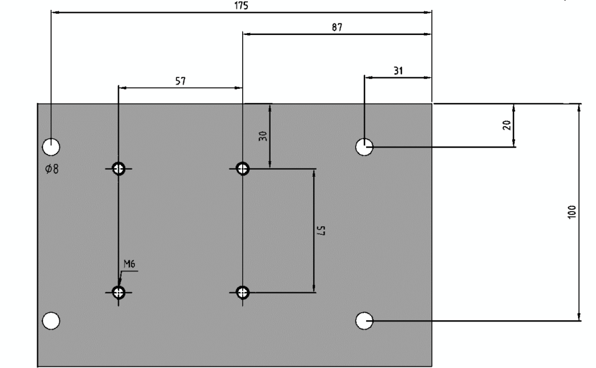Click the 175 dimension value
pyautogui.click(x=241, y=5)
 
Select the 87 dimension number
pyautogui.click(x=337, y=27)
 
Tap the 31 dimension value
pyautogui.click(x=398, y=70)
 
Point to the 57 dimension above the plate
pyautogui.click(x=180, y=81)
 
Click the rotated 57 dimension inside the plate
pyautogui.click(x=320, y=231)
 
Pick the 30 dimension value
pyautogui.click(x=262, y=137)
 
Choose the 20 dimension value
pyautogui.click(x=506, y=126)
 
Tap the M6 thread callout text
pyautogui.click(x=129, y=265)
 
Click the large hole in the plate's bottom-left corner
pyautogui.click(x=51, y=320)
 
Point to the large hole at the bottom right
pyautogui.click(x=364, y=320)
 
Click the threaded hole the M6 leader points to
pyautogui.click(x=119, y=292)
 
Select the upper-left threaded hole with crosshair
pyautogui.click(x=119, y=169)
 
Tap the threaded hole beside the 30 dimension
pyautogui.click(x=243, y=169)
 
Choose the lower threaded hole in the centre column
pyautogui.click(x=243, y=292)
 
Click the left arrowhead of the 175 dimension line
pyautogui.click(x=55, y=12)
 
